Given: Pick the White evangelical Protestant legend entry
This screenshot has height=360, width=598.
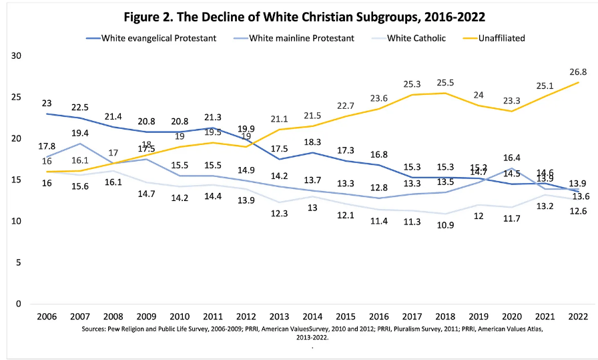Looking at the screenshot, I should pos(159,38).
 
